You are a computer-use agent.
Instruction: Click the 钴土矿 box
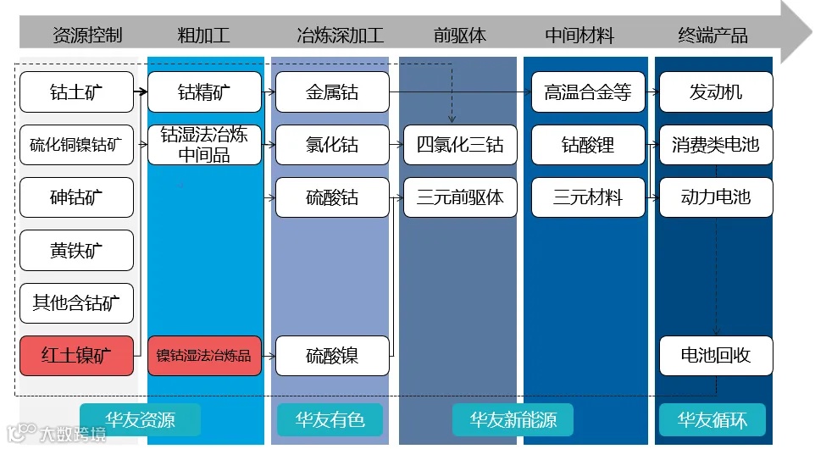click(x=76, y=92)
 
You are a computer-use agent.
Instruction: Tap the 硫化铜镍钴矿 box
click(x=76, y=145)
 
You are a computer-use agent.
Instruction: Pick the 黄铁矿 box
click(x=76, y=251)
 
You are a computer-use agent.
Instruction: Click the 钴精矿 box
click(x=204, y=92)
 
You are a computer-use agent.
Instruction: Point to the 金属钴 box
click(x=332, y=92)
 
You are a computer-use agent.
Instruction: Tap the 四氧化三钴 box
click(x=460, y=145)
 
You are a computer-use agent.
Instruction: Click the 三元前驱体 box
click(x=460, y=197)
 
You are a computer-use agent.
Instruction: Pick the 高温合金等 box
click(x=588, y=92)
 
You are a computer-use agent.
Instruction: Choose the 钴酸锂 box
click(x=588, y=145)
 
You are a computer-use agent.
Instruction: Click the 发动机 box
click(x=716, y=92)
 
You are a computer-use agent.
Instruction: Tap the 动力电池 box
click(x=716, y=197)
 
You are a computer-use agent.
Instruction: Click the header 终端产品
click(x=713, y=36)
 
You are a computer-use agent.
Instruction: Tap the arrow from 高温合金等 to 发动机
click(x=651, y=92)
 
